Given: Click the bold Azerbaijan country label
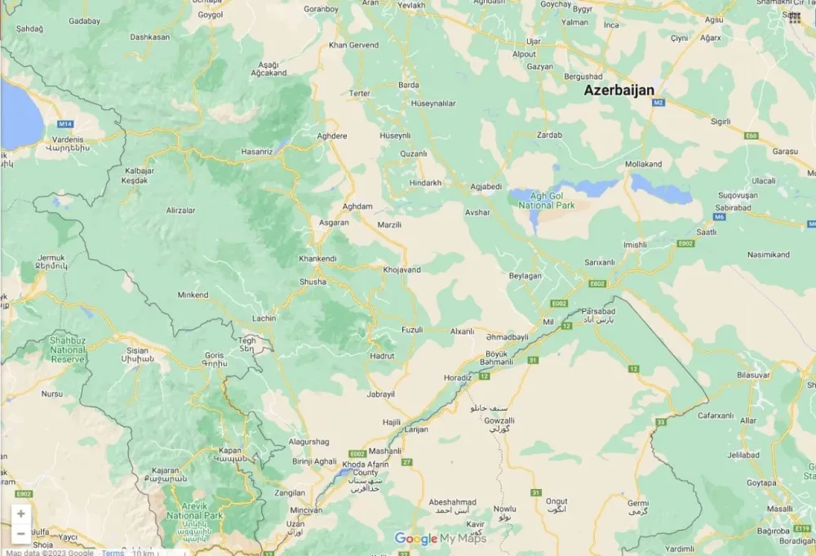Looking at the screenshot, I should click(x=619, y=91).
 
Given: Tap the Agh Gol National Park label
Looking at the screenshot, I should click(x=547, y=200).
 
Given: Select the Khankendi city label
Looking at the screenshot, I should click(x=317, y=259).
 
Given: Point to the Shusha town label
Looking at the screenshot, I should click(x=312, y=282).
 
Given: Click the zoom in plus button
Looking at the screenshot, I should click(x=20, y=514).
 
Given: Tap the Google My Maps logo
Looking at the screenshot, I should click(x=441, y=538).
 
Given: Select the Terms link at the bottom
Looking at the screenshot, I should click(x=113, y=553).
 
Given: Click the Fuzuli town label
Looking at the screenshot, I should click(x=412, y=330).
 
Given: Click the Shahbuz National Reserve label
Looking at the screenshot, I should click(x=68, y=349).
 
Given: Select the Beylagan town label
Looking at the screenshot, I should click(x=525, y=276).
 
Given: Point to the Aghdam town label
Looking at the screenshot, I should click(x=357, y=207).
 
